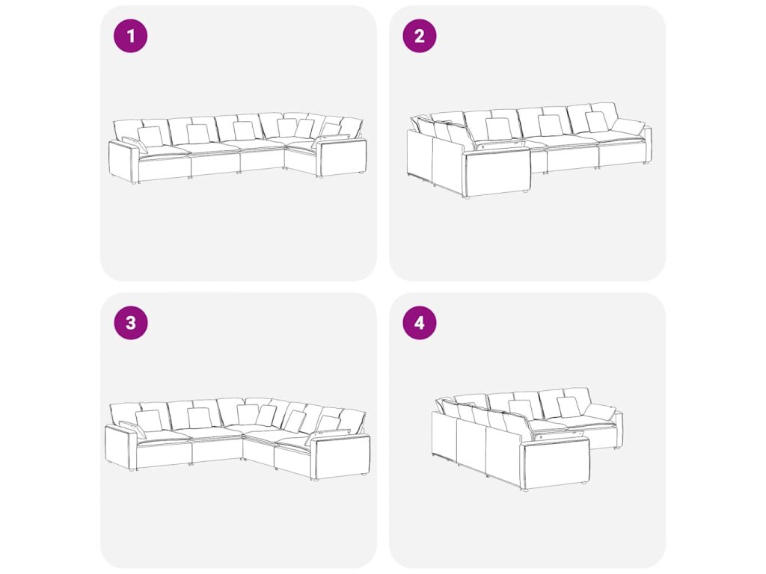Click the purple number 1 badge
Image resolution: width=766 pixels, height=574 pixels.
click(x=130, y=36)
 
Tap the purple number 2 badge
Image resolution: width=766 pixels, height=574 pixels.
click(x=420, y=36)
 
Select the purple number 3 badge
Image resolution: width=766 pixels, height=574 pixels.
click(x=130, y=323)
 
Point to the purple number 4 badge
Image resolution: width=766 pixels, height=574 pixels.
click(x=420, y=323)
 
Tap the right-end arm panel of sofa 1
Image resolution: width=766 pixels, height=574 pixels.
click(x=342, y=157)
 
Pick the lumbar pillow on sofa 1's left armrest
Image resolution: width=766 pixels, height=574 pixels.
click(x=135, y=144)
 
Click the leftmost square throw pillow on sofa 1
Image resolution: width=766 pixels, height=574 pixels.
click(x=150, y=136)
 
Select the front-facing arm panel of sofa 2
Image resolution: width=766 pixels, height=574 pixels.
click(x=497, y=173)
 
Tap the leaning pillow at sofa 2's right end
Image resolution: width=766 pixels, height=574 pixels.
click(x=628, y=126)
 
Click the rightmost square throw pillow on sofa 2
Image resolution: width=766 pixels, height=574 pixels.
click(x=597, y=122)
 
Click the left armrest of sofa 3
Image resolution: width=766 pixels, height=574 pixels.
click(x=120, y=448)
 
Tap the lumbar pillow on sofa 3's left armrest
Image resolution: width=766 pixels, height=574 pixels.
click(x=132, y=429)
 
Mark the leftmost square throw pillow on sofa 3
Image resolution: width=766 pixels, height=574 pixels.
click(x=149, y=420)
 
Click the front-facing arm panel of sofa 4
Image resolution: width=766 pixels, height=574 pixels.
click(x=557, y=463)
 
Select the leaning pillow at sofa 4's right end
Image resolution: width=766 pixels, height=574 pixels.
click(x=600, y=412)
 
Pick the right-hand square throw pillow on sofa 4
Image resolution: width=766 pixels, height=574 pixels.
click(x=569, y=407)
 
